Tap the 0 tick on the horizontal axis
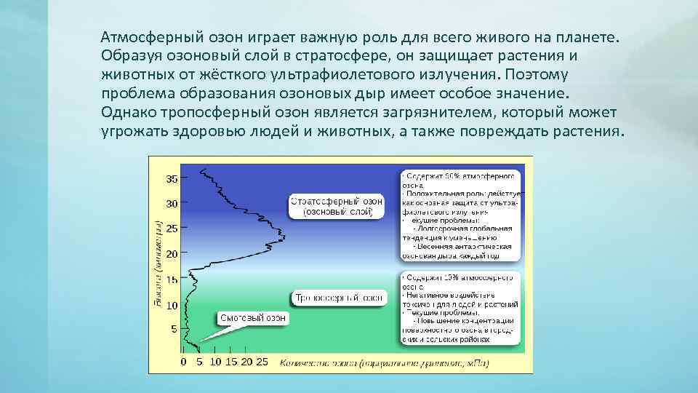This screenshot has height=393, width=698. tap(183, 362)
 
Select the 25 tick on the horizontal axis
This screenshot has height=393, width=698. tap(262, 362)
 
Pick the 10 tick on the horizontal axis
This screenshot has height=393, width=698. tap(215, 362)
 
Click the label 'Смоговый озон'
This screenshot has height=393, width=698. tap(253, 318)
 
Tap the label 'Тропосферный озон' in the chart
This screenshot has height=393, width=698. tap(339, 298)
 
